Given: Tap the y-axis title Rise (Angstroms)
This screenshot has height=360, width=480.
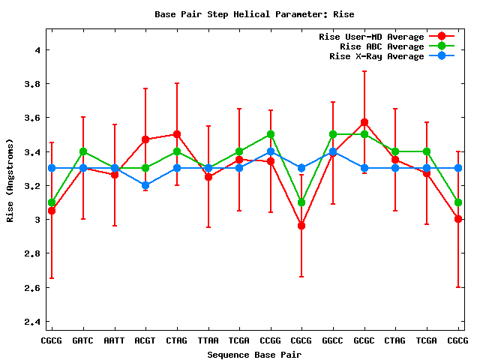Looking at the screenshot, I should (10, 180).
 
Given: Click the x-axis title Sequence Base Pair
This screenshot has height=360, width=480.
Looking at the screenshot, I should (254, 354).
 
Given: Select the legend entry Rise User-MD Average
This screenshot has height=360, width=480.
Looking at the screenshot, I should (371, 37).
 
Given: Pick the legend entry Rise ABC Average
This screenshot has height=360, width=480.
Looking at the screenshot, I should (382, 46).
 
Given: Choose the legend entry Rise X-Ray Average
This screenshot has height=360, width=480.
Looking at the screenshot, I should (376, 56).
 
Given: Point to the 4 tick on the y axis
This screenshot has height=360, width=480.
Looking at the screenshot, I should (34, 49).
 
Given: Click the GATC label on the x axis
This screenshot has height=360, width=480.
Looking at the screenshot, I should (82, 340).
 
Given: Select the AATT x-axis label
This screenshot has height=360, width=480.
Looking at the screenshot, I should (114, 340).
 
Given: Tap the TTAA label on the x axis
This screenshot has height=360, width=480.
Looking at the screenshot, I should (208, 340).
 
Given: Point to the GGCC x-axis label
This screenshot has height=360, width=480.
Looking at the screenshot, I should (333, 340).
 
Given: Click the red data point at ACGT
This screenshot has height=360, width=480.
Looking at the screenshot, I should (145, 139).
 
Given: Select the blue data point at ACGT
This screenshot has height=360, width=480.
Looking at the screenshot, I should (145, 185).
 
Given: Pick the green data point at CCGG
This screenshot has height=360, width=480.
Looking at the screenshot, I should (270, 134).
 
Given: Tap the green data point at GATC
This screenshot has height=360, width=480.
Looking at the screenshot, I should (82, 151).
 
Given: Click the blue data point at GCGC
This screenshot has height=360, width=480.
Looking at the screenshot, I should (364, 168).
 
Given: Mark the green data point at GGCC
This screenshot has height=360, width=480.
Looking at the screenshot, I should (333, 134).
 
